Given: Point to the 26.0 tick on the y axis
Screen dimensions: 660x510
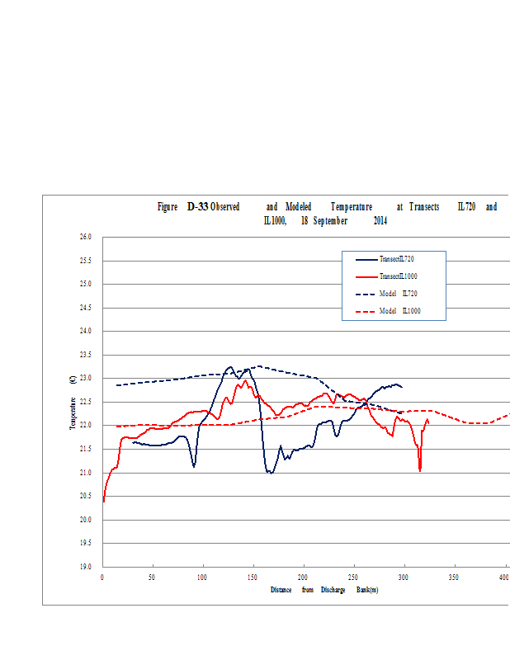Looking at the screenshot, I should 86,237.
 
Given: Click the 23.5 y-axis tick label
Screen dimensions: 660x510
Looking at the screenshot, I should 86,355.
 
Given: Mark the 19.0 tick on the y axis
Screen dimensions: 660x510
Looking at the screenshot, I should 86,567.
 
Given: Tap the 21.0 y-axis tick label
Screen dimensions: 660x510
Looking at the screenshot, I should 86,473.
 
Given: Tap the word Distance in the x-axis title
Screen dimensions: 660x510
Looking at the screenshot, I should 282,590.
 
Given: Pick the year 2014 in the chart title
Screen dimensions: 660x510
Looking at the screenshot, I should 380,221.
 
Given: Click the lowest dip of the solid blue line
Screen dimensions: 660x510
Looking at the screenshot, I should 270,473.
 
